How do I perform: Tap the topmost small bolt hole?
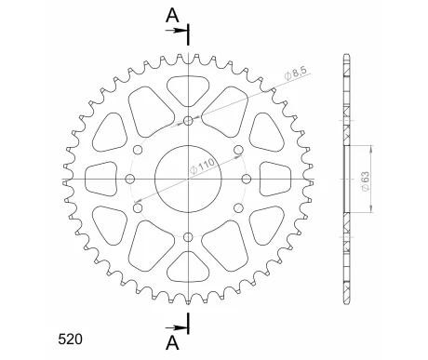[190, 121]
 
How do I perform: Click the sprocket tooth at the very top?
[189, 57]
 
